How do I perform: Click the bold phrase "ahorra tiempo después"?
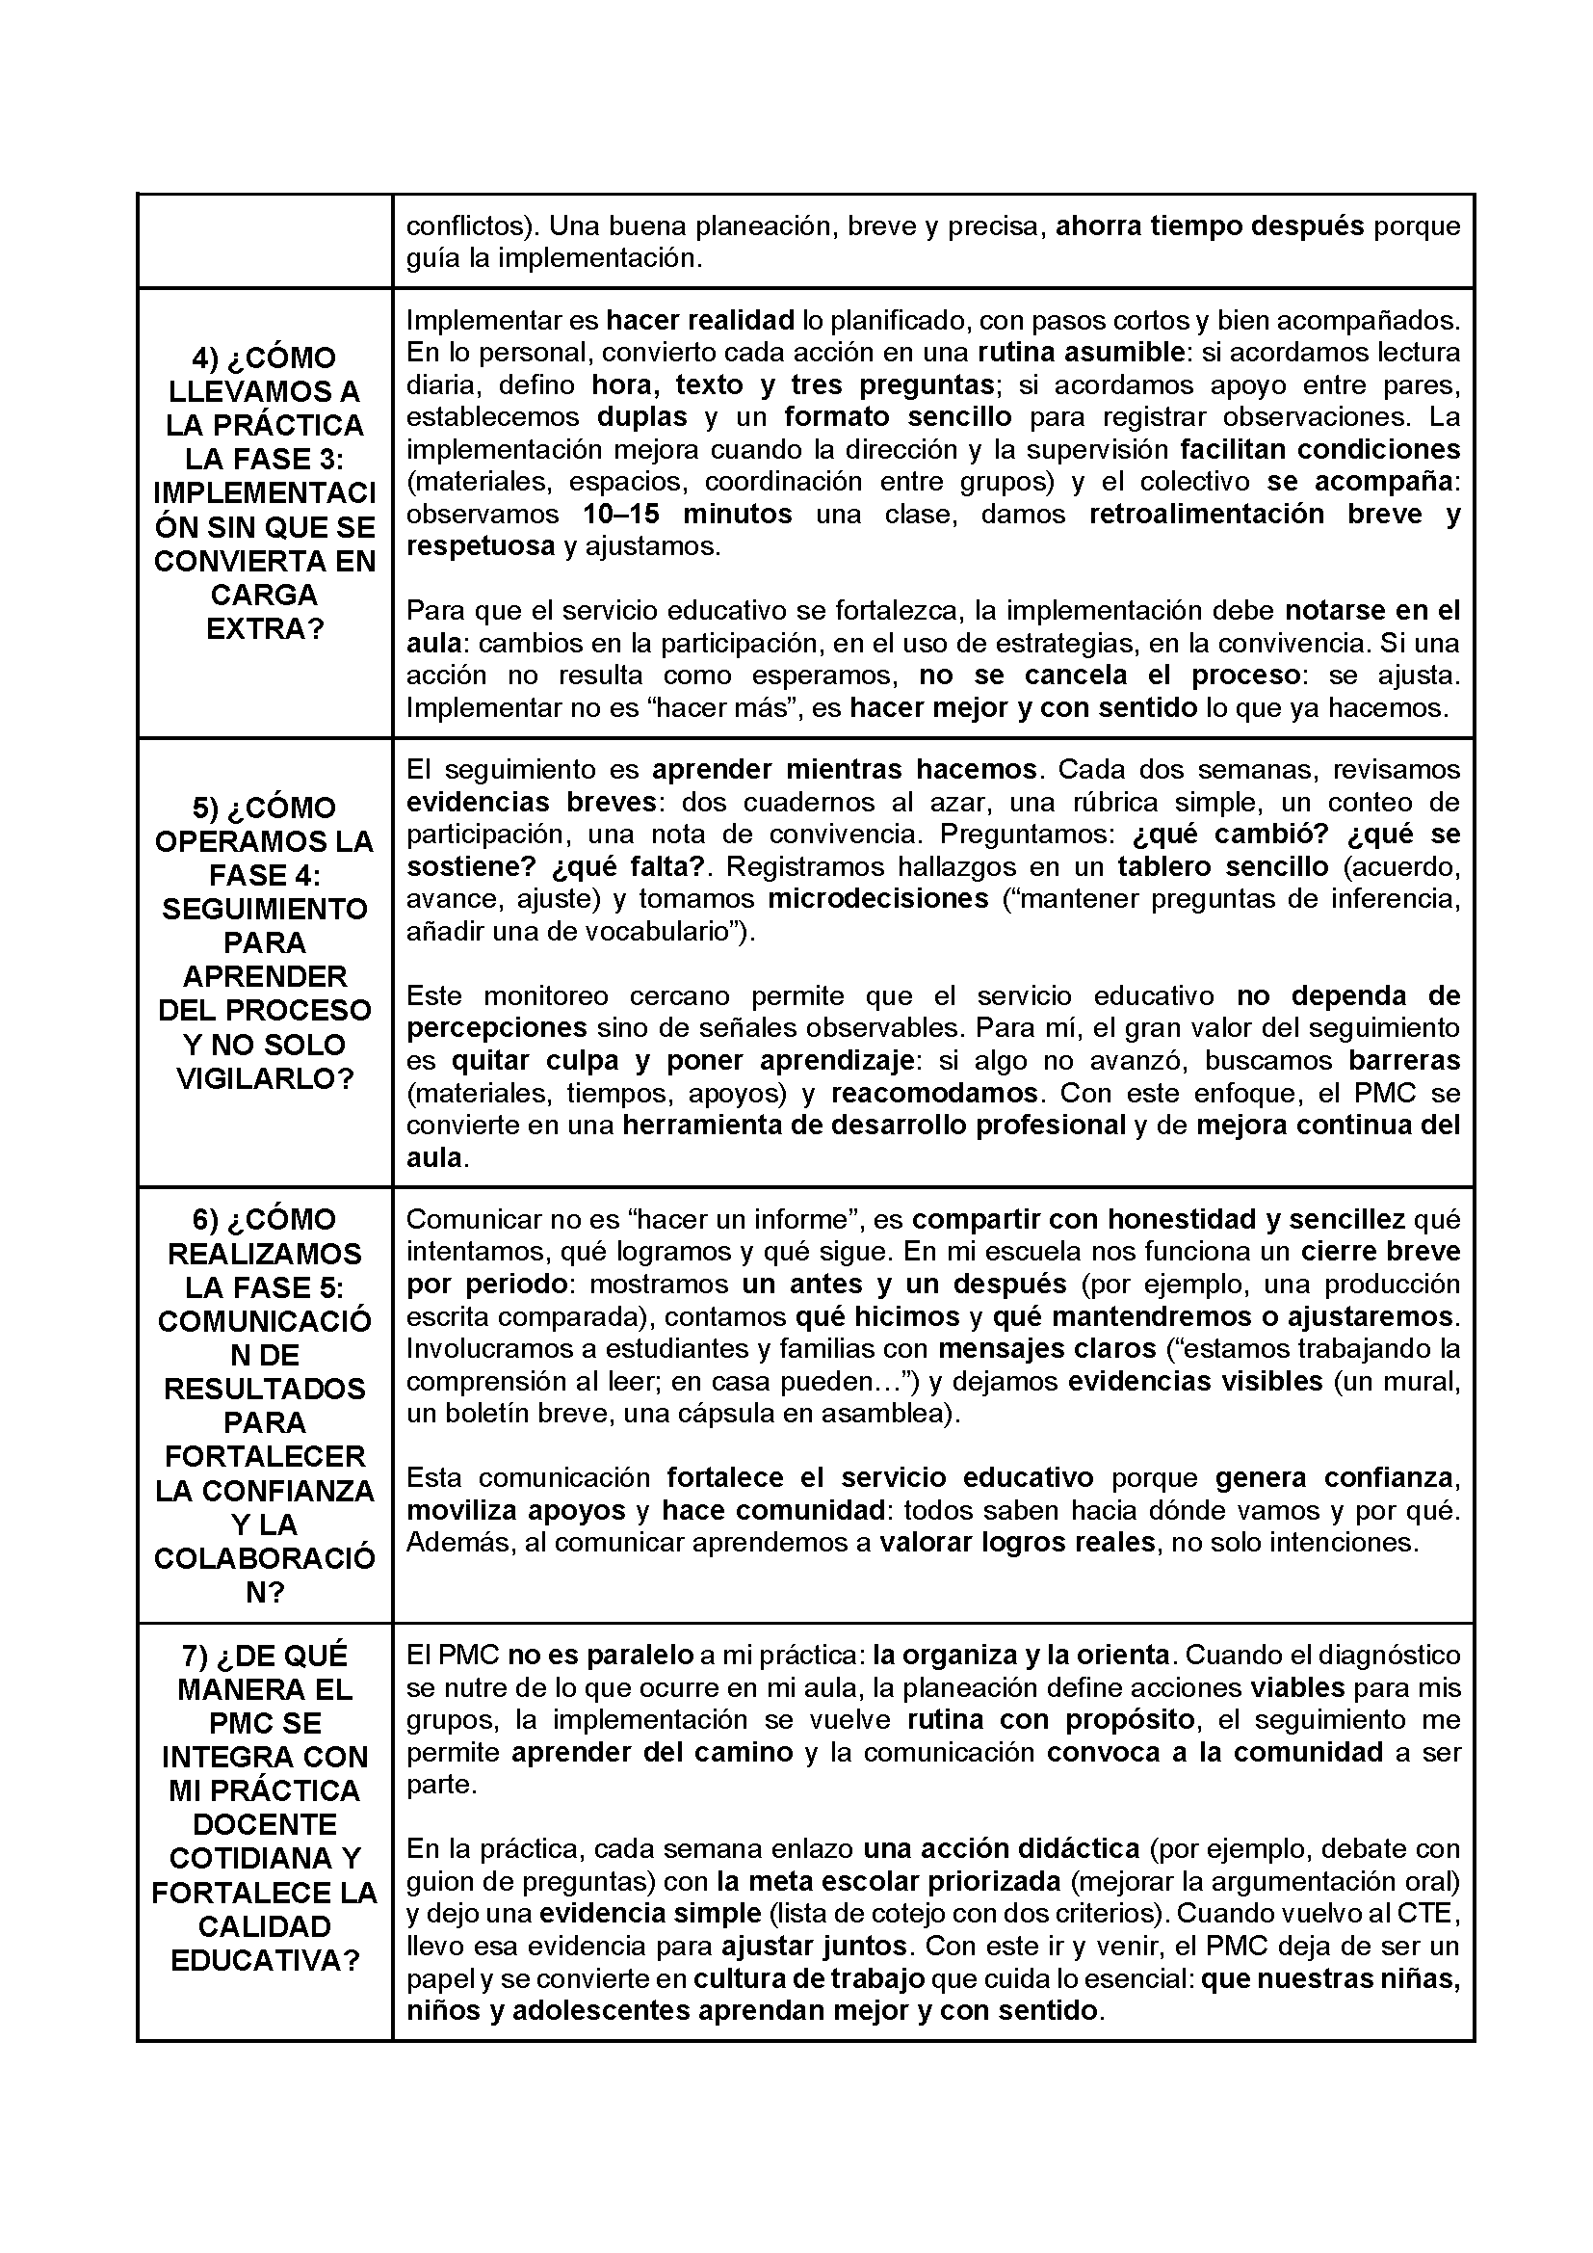coord(1209,226)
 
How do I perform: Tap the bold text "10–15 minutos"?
coord(687,515)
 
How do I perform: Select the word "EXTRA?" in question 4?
coord(265,629)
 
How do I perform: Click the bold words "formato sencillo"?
coord(898,417)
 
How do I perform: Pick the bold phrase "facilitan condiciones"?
coord(1319,449)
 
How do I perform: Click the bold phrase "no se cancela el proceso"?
coord(1111,676)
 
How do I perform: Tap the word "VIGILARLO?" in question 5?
coord(265,1079)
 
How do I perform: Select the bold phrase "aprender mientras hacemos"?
coord(844,769)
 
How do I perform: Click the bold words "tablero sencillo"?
coord(1222,866)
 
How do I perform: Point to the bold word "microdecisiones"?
coord(878,899)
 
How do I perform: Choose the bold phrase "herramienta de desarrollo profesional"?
coord(874,1126)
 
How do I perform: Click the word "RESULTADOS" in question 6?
coord(265,1390)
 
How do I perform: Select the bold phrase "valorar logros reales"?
coord(1016,1543)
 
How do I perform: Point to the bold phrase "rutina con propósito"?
coord(1051,1720)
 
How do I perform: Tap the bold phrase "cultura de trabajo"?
coord(809,1978)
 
